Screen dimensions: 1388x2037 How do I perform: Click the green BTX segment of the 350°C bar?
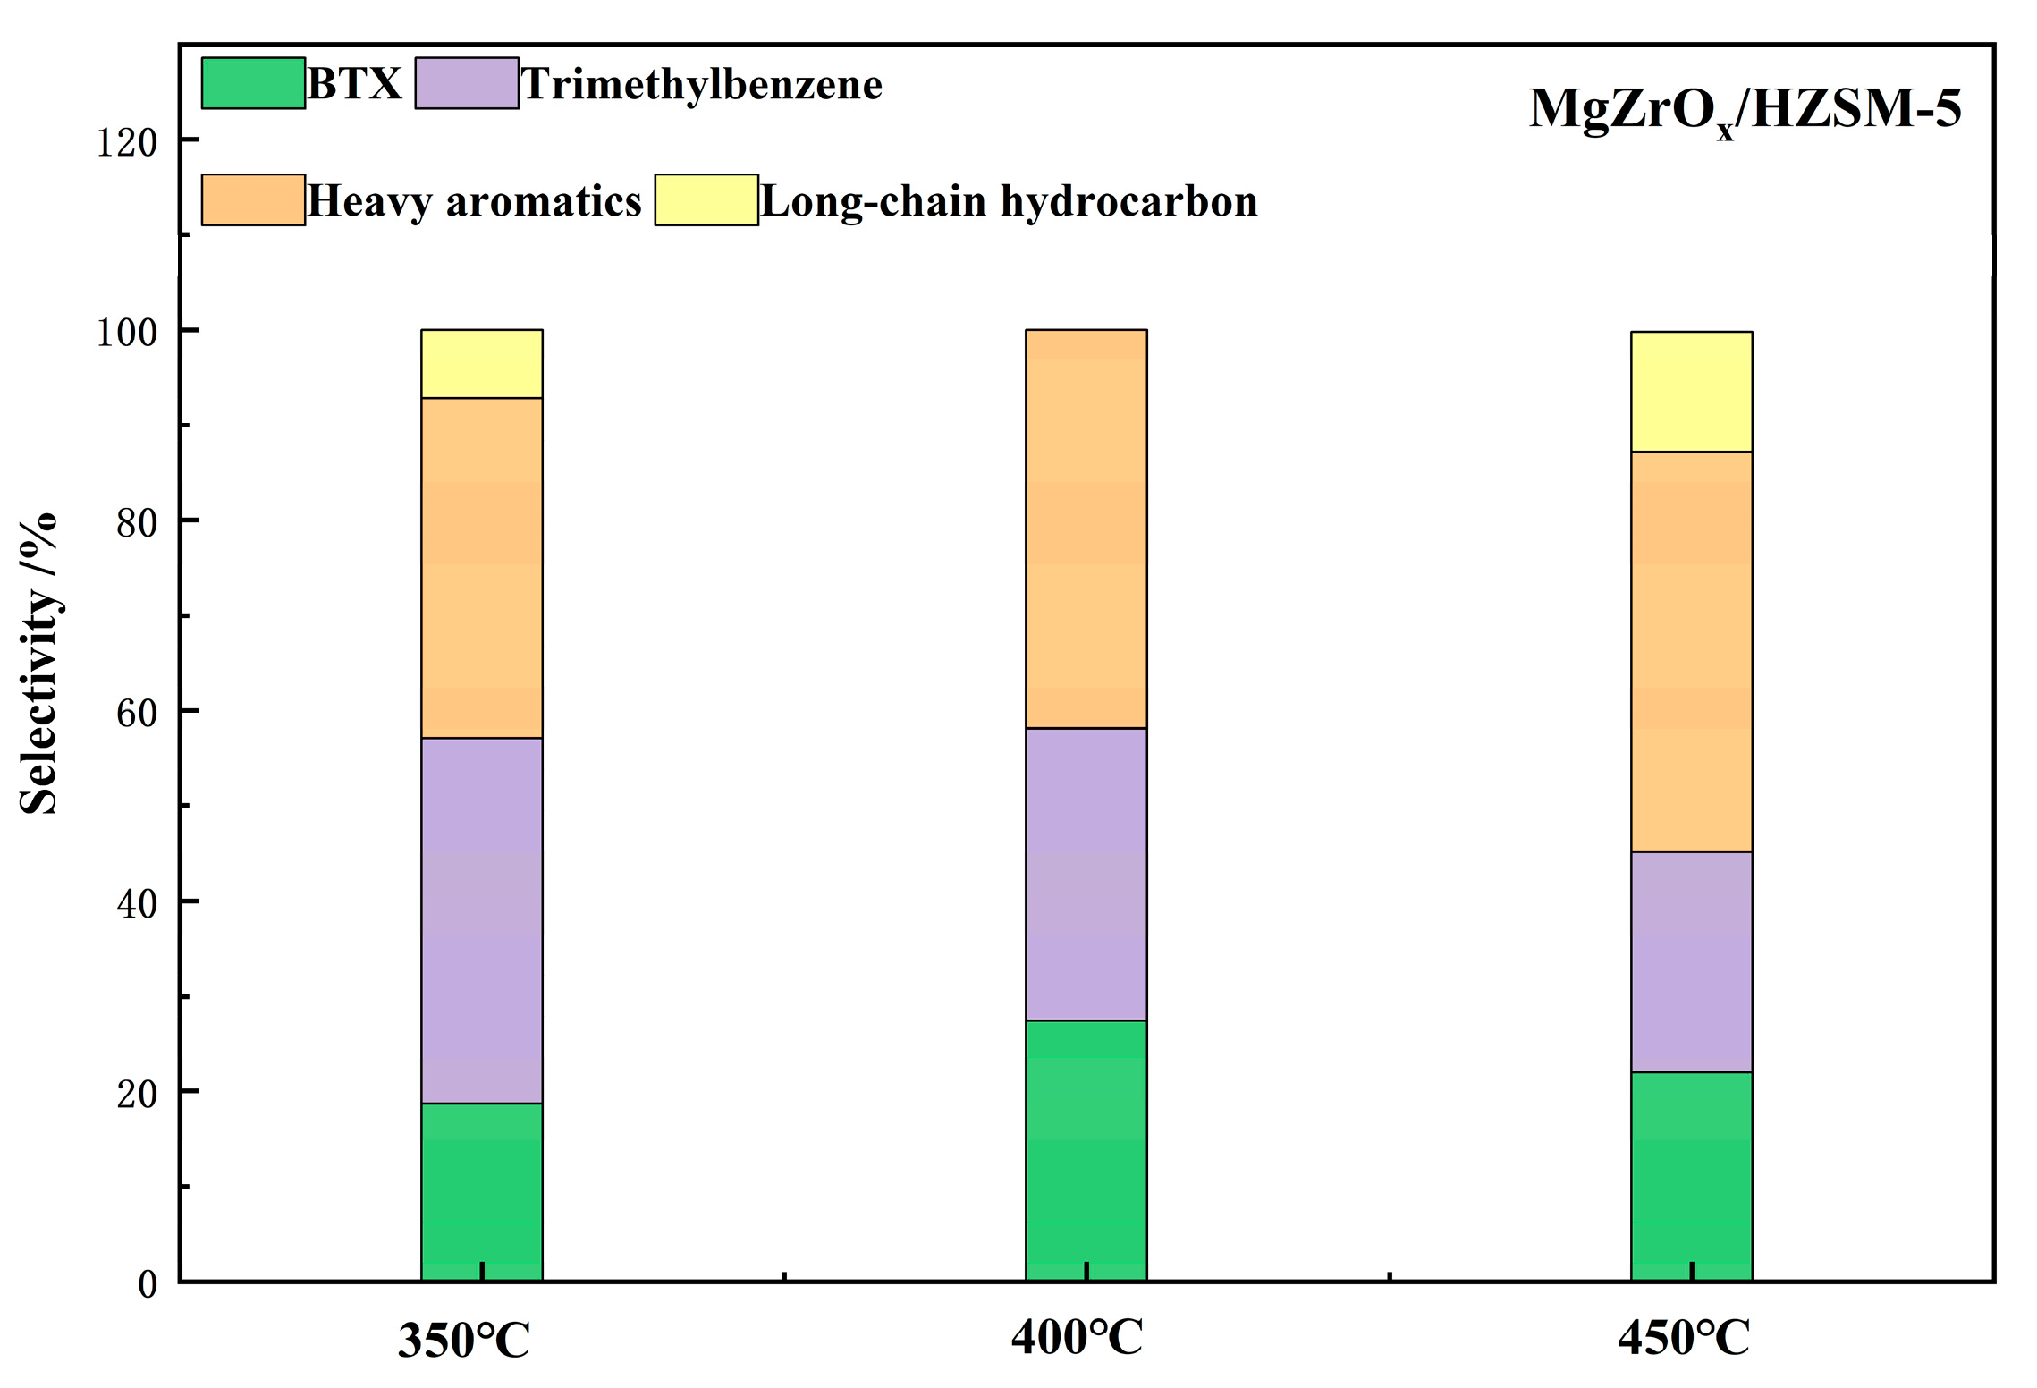pos(481,1191)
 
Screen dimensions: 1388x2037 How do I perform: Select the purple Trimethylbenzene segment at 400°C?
pos(1086,874)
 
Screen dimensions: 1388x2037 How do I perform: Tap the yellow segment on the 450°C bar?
pos(1691,392)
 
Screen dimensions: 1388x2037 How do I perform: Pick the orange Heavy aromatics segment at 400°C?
pos(1086,529)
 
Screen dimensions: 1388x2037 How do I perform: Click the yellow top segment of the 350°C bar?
pos(481,364)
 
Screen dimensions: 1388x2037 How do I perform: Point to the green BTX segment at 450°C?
pos(1691,1176)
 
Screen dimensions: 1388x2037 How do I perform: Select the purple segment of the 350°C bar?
pos(481,920)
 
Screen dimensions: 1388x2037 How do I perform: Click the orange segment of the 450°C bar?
pos(1691,651)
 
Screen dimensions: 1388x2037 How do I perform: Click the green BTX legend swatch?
pos(253,83)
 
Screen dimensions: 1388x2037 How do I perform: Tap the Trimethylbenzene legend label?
pos(701,84)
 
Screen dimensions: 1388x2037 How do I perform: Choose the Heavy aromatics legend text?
pos(474,201)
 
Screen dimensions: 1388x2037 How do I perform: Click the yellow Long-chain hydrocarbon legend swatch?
pos(706,200)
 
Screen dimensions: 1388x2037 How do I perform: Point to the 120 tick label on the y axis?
pos(126,142)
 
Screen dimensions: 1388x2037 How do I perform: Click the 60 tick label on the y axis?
pos(136,713)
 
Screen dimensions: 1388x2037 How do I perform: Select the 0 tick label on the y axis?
pos(148,1284)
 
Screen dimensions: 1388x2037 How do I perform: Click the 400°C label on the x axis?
pos(1077,1338)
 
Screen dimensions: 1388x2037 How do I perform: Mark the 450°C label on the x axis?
pos(1683,1338)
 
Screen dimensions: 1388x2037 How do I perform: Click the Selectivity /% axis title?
pos(38,663)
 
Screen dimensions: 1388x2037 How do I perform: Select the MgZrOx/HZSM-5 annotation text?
pos(1744,110)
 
